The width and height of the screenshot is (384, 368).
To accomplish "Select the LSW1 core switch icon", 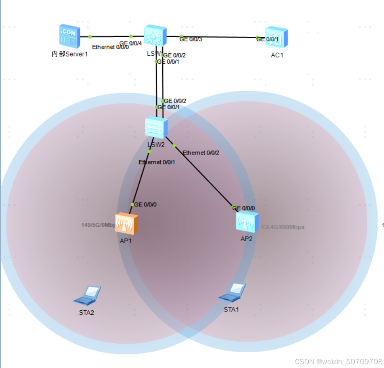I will [155, 36].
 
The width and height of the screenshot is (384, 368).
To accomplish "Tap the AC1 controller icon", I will [276, 38].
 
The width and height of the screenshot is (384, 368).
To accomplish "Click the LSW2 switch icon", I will [156, 127].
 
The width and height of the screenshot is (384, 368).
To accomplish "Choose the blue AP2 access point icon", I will [247, 222].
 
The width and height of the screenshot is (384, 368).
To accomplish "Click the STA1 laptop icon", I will [232, 293].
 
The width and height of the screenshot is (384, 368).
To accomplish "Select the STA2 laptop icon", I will [87, 295].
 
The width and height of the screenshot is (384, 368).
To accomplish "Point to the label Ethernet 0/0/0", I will [110, 47].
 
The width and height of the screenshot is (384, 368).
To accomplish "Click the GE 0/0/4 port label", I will [131, 43].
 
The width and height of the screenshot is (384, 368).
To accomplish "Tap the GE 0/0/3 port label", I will [191, 39].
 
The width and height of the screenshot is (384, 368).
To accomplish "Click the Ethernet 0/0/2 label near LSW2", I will [201, 153].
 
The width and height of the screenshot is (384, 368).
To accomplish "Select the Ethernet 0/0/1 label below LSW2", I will [156, 162].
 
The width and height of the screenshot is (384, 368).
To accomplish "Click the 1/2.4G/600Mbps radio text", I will [283, 227].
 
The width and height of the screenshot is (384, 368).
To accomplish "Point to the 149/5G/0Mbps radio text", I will [98, 225].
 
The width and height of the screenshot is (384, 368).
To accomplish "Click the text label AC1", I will [277, 55].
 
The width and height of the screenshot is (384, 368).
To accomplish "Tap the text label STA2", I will [87, 312].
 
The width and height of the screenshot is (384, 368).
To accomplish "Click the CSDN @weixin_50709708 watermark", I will [338, 361].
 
